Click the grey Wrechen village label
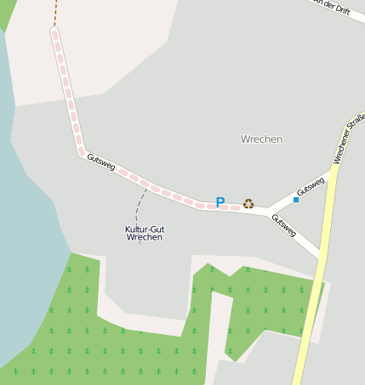coord(261,139)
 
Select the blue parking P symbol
coord(220,203)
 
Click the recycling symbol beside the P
coord(248,203)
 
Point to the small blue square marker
coord(296,199)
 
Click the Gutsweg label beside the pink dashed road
coord(100,161)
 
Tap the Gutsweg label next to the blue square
coord(311,184)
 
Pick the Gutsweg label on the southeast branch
coord(283,224)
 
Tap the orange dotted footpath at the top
coord(54,12)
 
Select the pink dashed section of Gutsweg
coord(145,182)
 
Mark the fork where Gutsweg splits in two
coord(267,210)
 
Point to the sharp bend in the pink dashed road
coord(83,154)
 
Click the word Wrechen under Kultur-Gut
coord(144,238)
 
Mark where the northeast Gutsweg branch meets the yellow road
coord(334,171)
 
